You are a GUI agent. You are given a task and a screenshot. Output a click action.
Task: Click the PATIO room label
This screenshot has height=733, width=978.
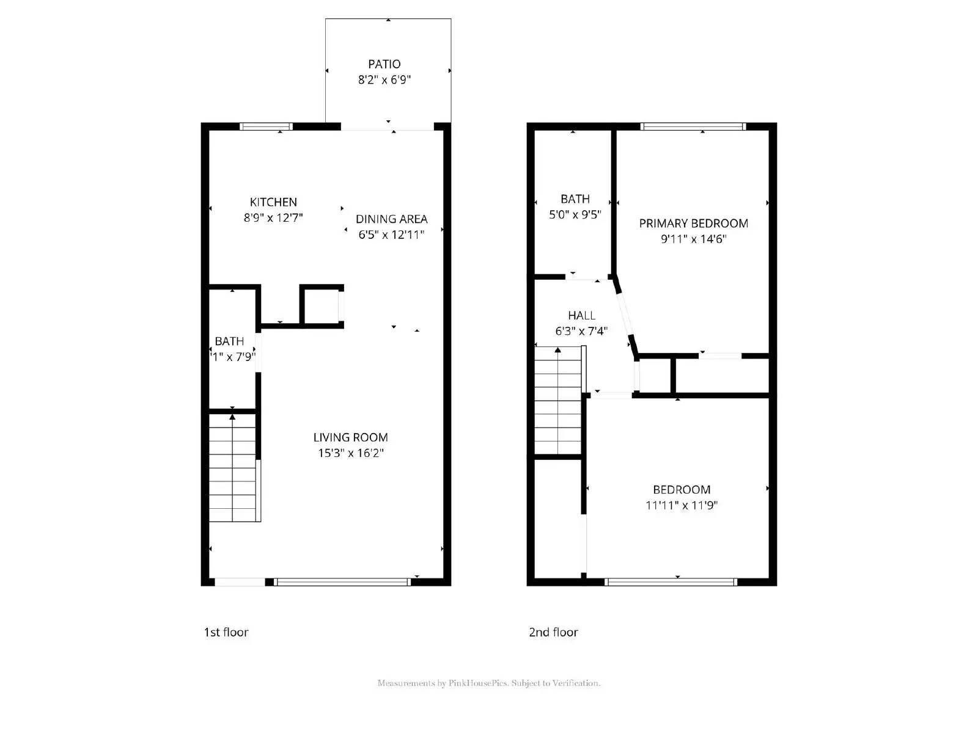384,64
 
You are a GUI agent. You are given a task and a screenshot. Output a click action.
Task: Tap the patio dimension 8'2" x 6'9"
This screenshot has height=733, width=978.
384,79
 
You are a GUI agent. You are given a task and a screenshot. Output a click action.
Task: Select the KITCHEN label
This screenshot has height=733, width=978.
273,202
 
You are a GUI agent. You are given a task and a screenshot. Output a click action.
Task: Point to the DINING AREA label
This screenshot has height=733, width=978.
391,219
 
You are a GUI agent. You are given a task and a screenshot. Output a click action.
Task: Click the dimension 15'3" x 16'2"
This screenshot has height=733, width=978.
350,453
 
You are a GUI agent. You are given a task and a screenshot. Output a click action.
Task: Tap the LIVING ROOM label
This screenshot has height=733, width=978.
350,437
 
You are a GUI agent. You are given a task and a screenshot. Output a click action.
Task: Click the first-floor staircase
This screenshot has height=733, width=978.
233,467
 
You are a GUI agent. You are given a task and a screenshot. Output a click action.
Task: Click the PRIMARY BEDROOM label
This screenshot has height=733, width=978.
693,224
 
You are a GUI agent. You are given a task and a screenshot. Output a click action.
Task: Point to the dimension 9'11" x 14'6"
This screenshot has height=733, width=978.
693,239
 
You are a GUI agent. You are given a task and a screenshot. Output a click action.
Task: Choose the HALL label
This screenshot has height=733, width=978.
581,316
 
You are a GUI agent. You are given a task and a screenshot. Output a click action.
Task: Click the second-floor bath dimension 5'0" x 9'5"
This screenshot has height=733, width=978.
575,215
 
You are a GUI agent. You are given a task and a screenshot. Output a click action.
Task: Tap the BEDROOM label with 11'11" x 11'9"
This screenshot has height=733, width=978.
682,490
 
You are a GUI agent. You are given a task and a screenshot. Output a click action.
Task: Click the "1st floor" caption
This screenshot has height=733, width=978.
226,632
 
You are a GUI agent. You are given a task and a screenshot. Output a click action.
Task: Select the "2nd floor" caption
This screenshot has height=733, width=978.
553,632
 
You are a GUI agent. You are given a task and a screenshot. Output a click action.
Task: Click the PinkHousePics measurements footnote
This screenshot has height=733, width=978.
488,683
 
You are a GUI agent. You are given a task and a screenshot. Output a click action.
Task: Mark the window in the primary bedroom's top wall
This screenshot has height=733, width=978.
693,127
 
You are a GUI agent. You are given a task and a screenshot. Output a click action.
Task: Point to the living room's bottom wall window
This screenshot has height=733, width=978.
342,582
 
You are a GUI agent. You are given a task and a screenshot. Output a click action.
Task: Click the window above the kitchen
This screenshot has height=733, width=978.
266,127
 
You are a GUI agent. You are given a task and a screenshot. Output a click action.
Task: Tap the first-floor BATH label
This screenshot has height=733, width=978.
229,341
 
